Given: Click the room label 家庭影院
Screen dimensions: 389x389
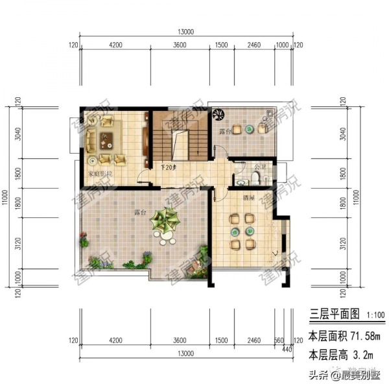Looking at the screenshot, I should [x=100, y=174].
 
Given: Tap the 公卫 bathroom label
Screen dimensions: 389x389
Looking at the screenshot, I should [x=261, y=167].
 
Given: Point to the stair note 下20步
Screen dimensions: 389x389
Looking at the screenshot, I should [x=168, y=167].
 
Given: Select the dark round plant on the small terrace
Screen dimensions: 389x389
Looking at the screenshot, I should [x=218, y=114].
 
